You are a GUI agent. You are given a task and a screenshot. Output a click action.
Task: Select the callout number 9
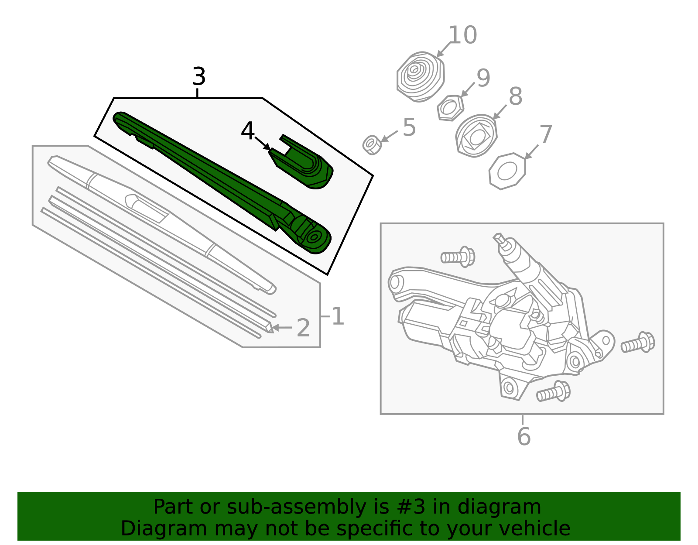483,78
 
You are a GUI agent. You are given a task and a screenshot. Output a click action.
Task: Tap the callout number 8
516,96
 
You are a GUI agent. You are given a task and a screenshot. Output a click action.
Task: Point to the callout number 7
546,134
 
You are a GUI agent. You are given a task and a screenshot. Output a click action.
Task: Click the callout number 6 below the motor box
524,436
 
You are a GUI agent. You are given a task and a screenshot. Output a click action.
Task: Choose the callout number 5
409,127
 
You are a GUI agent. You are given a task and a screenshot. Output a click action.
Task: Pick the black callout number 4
248,130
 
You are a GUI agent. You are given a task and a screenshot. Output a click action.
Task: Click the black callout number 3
199,76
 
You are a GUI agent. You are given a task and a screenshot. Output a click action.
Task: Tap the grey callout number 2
303,328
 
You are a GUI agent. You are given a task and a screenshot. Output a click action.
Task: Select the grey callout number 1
338,316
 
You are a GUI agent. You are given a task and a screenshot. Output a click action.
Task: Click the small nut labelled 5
372,145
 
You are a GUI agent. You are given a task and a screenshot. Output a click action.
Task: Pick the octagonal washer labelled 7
507,171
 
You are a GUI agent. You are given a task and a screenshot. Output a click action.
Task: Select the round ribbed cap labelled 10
421,77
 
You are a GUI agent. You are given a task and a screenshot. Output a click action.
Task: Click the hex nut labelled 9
450,108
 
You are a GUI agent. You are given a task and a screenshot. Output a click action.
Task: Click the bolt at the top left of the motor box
458,257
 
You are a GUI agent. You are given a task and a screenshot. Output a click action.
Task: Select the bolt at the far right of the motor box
638,343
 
